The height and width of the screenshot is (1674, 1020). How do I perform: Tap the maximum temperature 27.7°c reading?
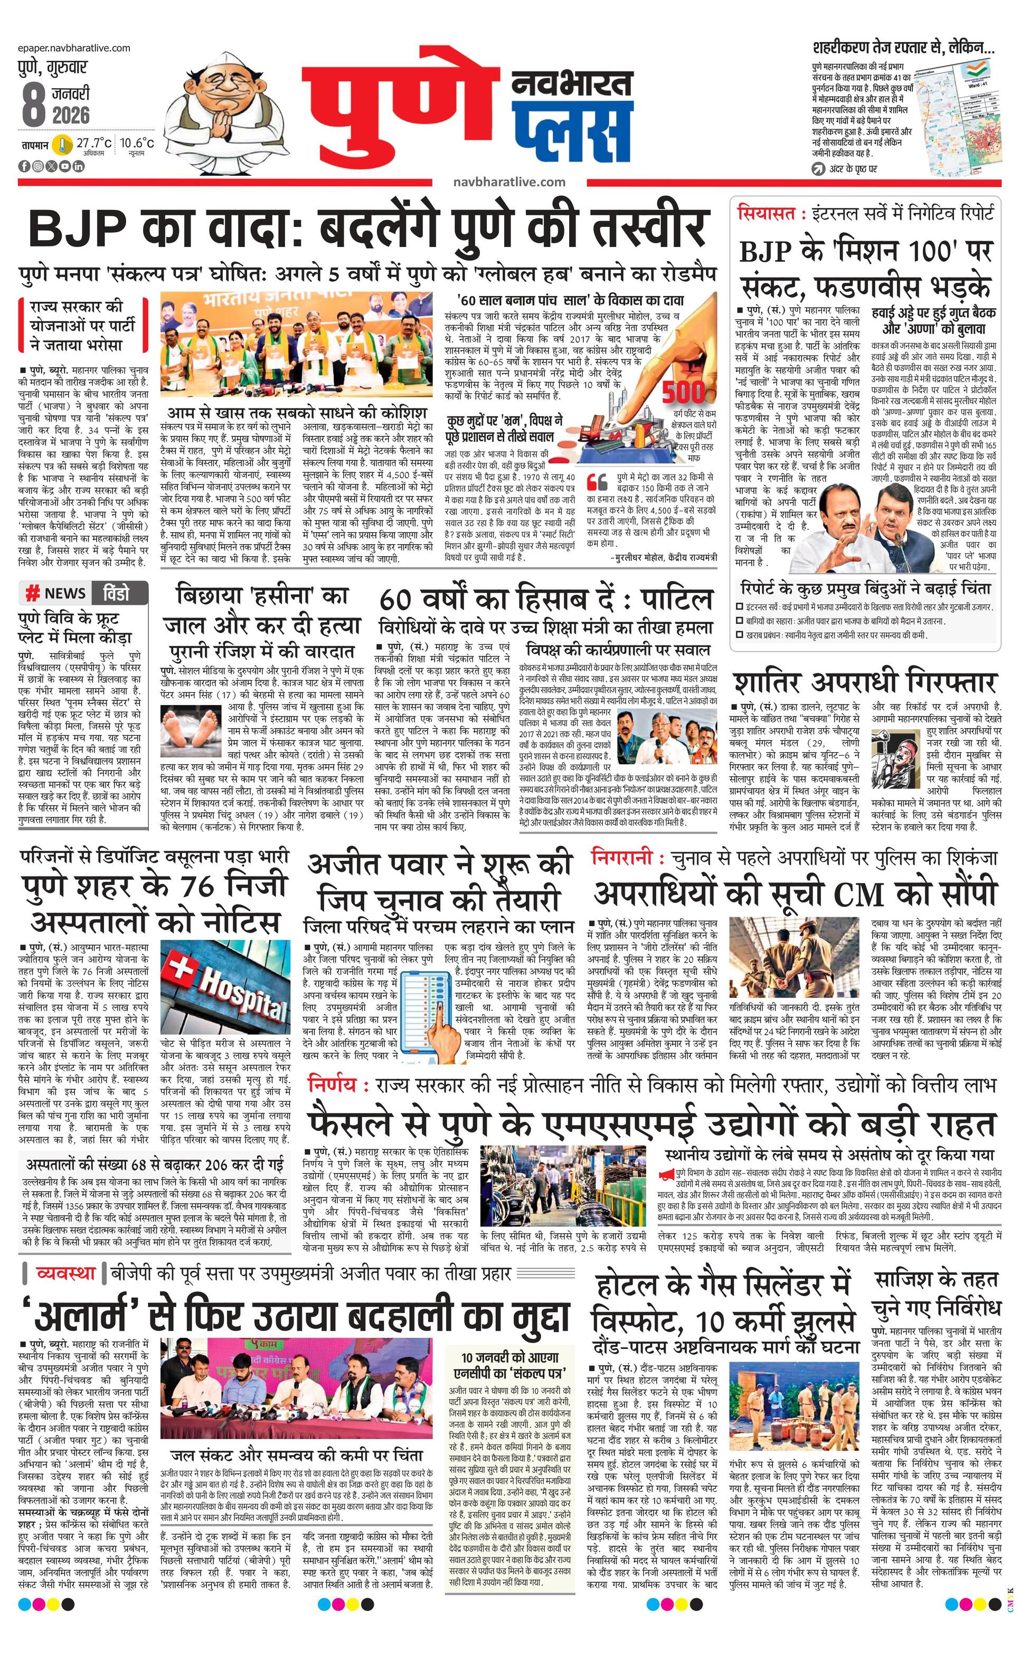(x=93, y=144)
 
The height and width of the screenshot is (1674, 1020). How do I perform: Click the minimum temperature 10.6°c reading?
(x=137, y=144)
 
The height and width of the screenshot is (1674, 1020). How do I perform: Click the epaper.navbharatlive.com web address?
(x=75, y=48)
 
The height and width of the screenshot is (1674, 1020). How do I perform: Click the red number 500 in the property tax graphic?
(x=684, y=393)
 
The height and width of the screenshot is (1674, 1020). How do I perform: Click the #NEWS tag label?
(x=56, y=593)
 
